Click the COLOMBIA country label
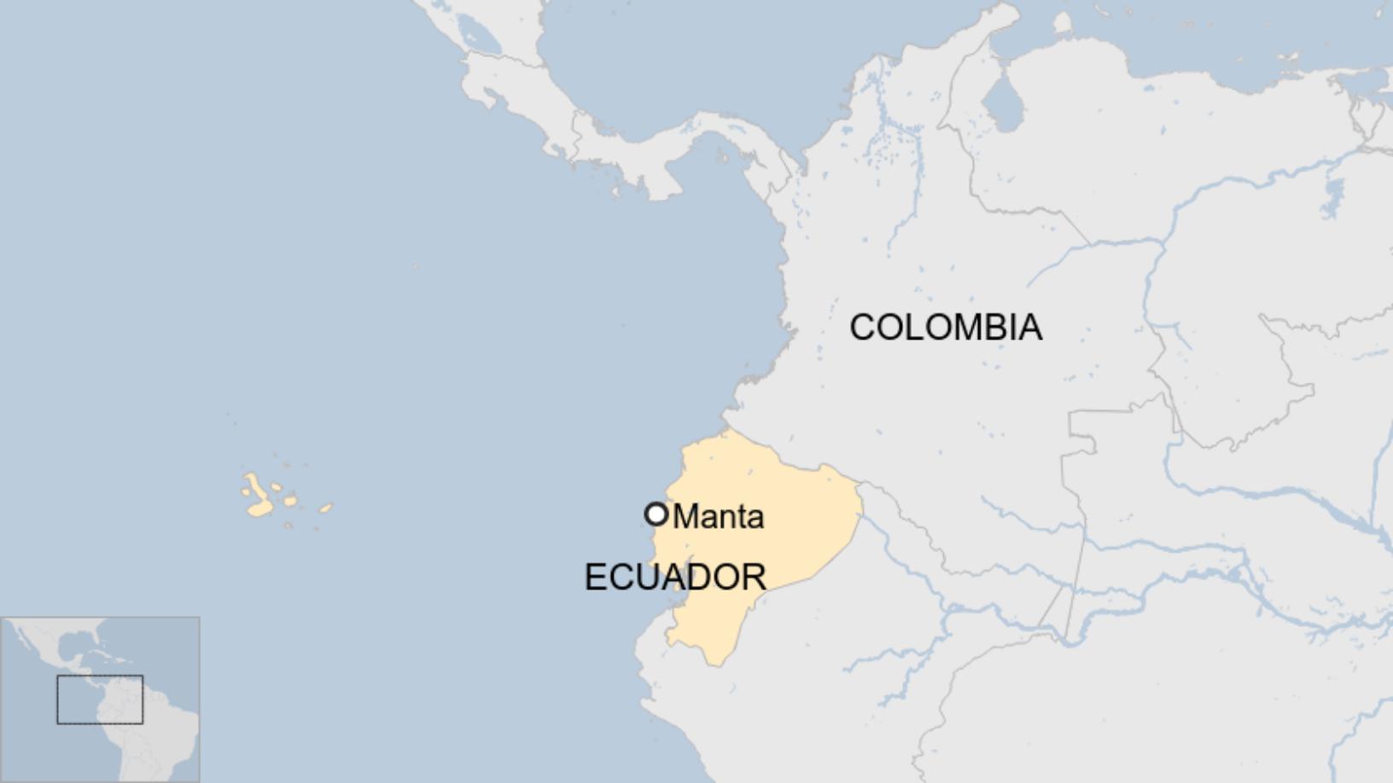tap(946, 328)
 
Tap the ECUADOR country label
tap(675, 577)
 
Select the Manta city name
tap(719, 517)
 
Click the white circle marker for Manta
tap(656, 514)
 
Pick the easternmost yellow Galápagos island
tap(325, 508)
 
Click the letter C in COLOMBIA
tap(863, 328)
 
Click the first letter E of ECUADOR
tap(595, 577)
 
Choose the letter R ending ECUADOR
tap(755, 577)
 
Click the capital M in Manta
tap(685, 517)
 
